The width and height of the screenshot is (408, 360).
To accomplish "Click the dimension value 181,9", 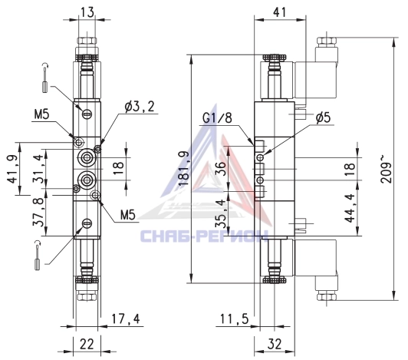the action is (x=184, y=169).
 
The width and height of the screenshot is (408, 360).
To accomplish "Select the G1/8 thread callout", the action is (x=217, y=118).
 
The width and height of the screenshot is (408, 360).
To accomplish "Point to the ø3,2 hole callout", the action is (x=140, y=107).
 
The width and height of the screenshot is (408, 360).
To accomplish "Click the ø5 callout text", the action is (x=323, y=117).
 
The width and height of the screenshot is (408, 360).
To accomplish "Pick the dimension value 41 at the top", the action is (x=280, y=12).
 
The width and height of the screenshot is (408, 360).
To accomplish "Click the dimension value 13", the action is (x=87, y=12).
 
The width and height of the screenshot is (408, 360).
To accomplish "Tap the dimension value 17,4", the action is (x=126, y=319).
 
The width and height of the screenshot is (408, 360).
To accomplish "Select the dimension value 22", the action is (x=87, y=345).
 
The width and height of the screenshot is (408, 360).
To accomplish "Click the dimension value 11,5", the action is (x=235, y=319).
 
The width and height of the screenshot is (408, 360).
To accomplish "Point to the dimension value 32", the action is (x=275, y=345).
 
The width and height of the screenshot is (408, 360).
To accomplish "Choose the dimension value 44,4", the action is (x=350, y=208).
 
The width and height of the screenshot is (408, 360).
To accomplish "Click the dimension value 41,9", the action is (x=12, y=169).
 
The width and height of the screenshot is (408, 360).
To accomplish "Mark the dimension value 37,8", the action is (x=38, y=213).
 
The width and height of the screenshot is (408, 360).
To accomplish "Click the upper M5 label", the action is (x=41, y=114).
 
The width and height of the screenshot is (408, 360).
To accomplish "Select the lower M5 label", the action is (x=128, y=216).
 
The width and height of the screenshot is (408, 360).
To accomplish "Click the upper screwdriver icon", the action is (x=45, y=78).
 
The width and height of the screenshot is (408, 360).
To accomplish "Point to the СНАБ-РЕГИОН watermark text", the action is (x=204, y=236).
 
